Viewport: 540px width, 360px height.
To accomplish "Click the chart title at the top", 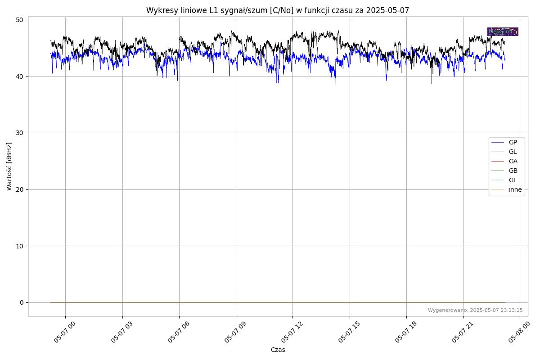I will [278, 10].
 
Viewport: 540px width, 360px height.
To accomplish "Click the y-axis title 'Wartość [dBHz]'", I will [9, 166].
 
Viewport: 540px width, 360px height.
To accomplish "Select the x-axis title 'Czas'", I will [278, 350].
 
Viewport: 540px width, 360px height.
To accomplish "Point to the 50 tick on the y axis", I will [20, 20].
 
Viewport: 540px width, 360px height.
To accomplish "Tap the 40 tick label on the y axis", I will [20, 76].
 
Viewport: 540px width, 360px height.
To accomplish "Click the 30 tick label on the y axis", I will [20, 133].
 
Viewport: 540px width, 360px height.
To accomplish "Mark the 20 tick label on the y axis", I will [20, 189].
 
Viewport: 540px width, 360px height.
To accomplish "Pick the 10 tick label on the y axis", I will [20, 246].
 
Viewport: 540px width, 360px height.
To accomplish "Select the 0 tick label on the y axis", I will [22, 302].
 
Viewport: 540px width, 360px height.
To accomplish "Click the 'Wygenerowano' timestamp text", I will [475, 310].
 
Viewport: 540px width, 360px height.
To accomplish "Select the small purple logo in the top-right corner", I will [503, 31].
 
